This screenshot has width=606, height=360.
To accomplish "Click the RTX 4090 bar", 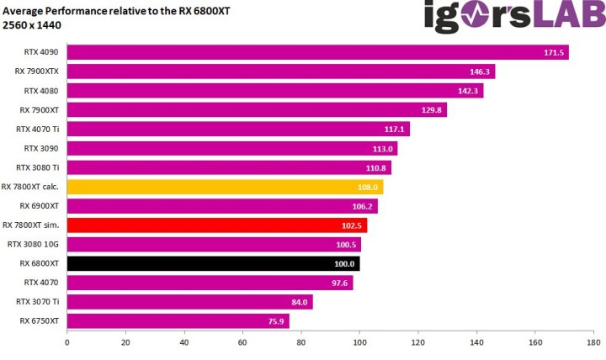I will (x=317, y=52).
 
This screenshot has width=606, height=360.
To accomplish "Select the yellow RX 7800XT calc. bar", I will (x=225, y=187).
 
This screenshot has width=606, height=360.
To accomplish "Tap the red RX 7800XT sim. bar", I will (x=216, y=225).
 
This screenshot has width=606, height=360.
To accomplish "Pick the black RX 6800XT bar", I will (x=213, y=263).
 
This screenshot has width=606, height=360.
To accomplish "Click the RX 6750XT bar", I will (x=178, y=320).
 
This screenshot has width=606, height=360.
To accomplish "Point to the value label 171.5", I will (x=553, y=52).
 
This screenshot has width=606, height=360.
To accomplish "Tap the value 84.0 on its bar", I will (x=299, y=302).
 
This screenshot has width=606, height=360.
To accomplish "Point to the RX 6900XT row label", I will (x=39, y=205).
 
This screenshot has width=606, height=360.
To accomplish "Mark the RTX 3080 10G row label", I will (x=33, y=244).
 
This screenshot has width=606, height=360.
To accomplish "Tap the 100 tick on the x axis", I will (x=359, y=343).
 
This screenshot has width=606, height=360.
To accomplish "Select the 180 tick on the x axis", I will (x=593, y=343).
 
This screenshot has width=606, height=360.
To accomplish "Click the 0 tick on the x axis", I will (x=66, y=343).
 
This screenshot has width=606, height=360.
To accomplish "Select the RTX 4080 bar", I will (x=274, y=91).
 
